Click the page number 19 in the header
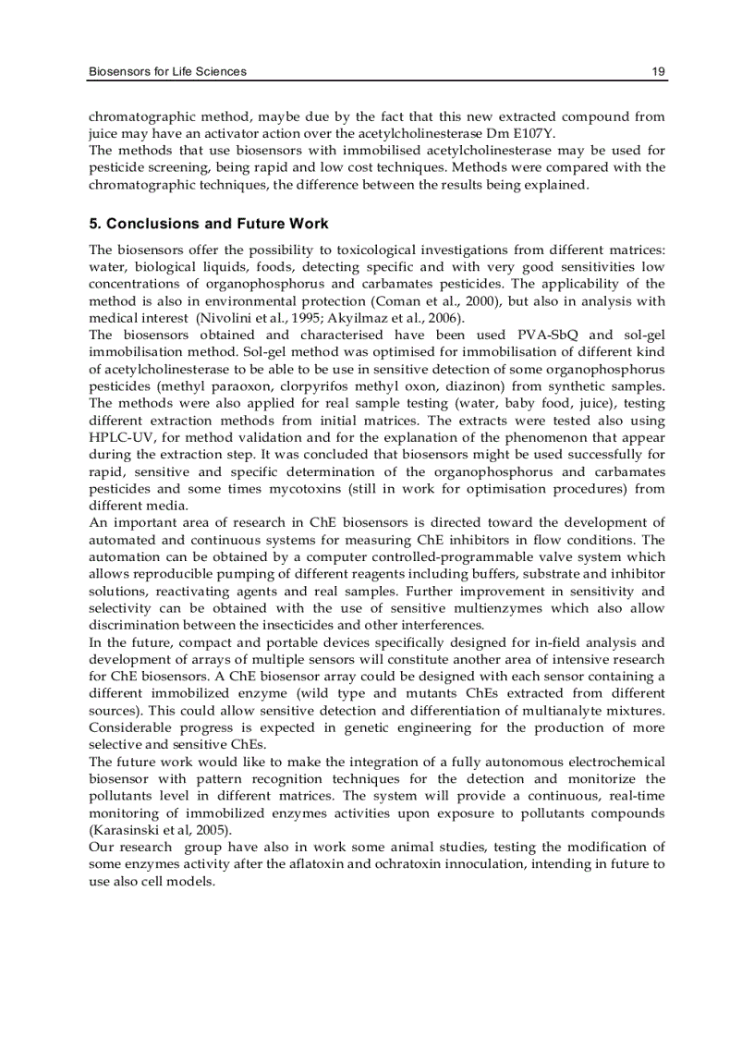point(658,71)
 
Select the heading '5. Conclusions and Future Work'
point(208,225)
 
